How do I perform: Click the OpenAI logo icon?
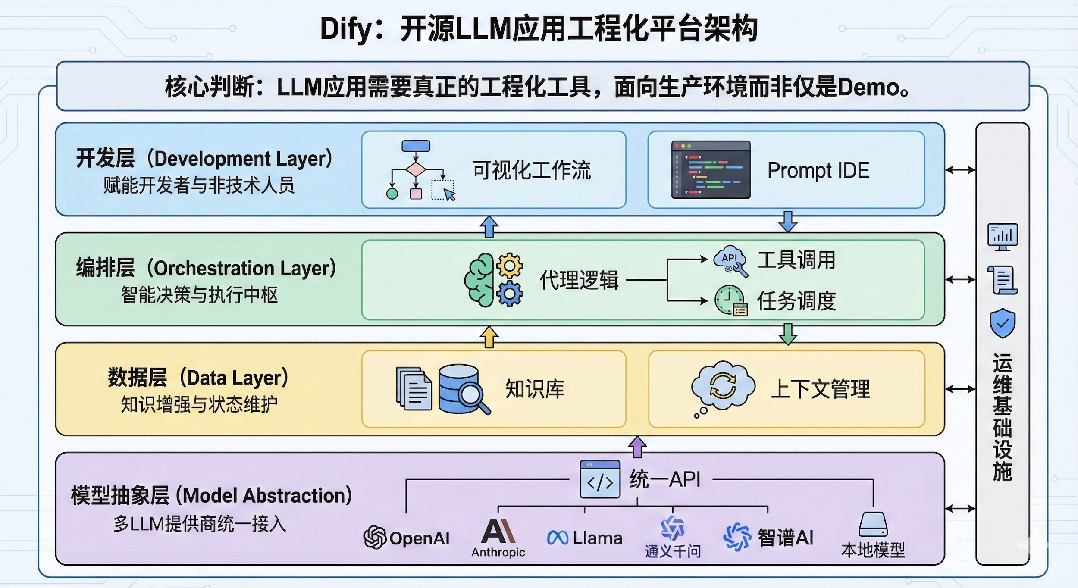point(374,537)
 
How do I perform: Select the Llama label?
point(597,538)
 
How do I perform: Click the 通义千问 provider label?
point(672,551)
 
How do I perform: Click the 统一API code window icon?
point(600,479)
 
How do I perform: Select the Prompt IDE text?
point(818,170)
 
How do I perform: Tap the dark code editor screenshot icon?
point(711,170)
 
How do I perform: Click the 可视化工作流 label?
point(531,170)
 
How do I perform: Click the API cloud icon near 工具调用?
point(730,260)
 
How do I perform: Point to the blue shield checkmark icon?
point(1003,323)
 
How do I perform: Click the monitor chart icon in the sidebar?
point(1003,236)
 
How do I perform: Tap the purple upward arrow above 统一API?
point(637,447)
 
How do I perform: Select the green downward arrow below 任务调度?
point(788,334)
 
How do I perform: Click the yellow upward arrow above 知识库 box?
point(489,337)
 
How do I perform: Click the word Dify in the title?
point(345,29)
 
